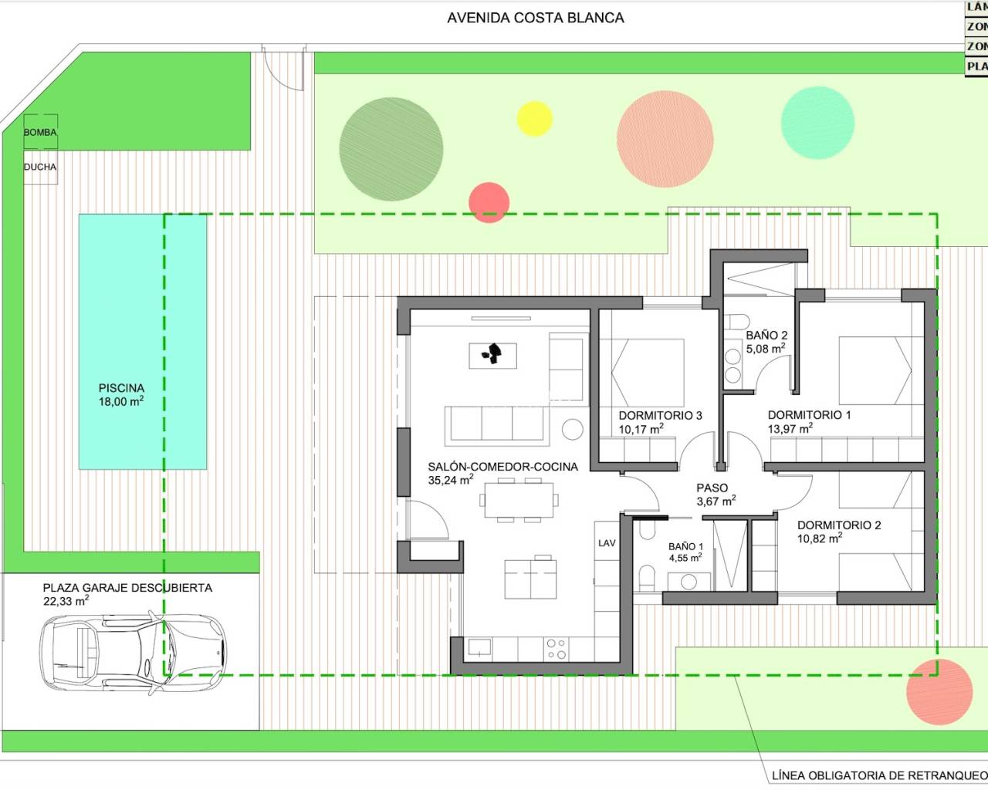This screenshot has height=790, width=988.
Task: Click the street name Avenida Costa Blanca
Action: [x=535, y=18]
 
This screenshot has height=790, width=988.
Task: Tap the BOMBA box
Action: [x=40, y=132]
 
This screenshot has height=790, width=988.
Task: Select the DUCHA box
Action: [x=40, y=167]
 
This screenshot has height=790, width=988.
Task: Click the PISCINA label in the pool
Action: [x=121, y=389]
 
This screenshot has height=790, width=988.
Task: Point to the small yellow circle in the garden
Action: [x=534, y=119]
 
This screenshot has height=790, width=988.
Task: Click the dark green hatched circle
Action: [x=391, y=150]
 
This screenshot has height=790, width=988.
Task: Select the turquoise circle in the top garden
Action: [x=817, y=123]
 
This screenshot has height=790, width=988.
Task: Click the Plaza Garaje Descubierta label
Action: [x=127, y=588]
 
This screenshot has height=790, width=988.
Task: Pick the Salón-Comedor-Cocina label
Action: [x=502, y=467]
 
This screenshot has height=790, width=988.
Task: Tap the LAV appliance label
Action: [x=607, y=543]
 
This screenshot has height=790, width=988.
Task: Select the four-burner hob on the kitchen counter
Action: [x=556, y=648]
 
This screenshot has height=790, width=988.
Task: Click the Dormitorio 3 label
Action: [x=660, y=416]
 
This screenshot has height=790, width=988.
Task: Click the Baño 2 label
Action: [x=766, y=336]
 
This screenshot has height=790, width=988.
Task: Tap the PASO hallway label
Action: [x=712, y=488]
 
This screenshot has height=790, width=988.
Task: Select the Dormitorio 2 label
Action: [x=839, y=525]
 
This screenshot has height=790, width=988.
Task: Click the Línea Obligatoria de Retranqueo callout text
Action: [x=879, y=775]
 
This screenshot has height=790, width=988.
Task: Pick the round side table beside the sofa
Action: [x=572, y=429]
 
